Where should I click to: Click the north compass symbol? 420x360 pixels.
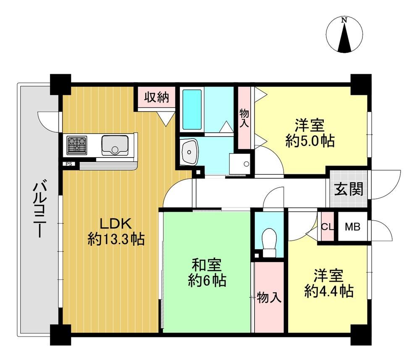pos(344,34)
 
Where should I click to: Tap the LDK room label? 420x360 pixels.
pos(116,223)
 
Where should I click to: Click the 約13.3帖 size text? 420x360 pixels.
pos(116,239)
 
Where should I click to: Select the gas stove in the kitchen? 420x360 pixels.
pos(77,145)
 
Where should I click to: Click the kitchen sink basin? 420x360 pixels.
pos(115,145)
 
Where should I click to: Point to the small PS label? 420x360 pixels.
pos(69,164)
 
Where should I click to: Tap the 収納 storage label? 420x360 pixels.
pos(157,97)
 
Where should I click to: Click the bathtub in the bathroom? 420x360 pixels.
pos(192,109)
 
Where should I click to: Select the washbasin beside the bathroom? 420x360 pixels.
pos(189,152)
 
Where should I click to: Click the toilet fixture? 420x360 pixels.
pos(269,242)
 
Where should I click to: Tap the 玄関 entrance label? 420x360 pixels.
pos(349,189)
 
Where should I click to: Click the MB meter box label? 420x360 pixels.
pos(352,227)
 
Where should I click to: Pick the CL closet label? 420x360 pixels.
pos(327,227)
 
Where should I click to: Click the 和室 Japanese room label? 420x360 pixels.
pos(207,265)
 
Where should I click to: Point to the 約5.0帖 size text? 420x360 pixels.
pos(310,141)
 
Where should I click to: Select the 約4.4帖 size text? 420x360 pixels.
pos(329,291)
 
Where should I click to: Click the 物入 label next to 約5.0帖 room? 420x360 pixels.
pos(244,118)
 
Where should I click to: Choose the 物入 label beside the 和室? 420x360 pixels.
pos(269,297)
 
